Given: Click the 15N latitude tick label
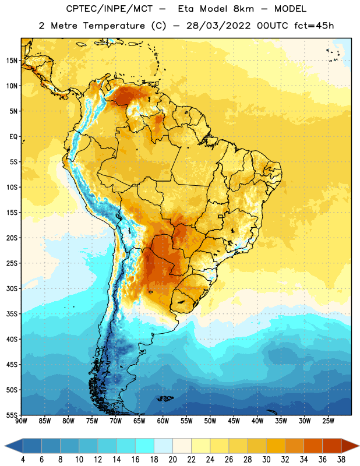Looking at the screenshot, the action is (x=12, y=61).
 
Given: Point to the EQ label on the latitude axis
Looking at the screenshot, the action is (x=13, y=137).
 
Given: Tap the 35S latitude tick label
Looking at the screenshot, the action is (x=12, y=314).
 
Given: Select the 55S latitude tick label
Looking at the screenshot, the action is (x=12, y=415).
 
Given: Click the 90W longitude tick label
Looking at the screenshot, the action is (x=21, y=421).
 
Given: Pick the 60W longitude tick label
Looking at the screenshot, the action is (x=163, y=421).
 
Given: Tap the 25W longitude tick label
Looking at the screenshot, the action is (x=328, y=421).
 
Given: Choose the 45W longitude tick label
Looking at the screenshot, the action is (x=234, y=421).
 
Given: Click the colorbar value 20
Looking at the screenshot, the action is (x=172, y=460).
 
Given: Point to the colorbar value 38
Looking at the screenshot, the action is (x=341, y=460).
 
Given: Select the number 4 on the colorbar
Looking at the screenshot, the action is (x=23, y=460).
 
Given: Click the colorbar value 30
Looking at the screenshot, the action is (x=266, y=460).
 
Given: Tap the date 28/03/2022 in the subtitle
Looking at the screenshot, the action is (x=218, y=26).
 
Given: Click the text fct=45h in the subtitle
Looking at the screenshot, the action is (x=314, y=26).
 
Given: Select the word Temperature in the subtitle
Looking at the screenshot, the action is (x=114, y=26).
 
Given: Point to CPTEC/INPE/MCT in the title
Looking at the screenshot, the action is (x=109, y=9).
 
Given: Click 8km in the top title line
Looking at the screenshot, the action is (x=243, y=9).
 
